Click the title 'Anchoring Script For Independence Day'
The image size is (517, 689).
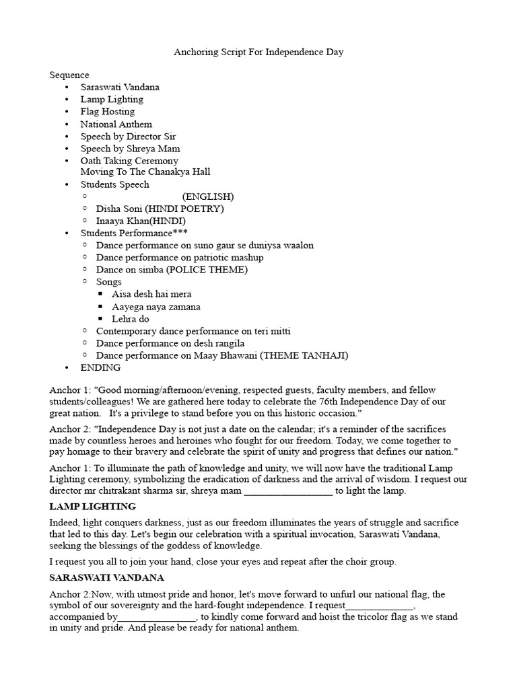tap(258, 52)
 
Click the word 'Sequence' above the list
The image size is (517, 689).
tap(69, 75)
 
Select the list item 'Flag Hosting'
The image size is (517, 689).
tap(107, 112)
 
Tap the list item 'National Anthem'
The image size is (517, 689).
tap(116, 124)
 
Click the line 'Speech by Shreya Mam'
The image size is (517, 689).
tap(130, 149)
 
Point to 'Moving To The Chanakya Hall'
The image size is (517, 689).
tap(145, 172)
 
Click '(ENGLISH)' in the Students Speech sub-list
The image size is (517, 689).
tap(207, 196)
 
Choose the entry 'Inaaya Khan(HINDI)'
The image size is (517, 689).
tap(141, 221)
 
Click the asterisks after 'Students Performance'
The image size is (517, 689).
tap(182, 233)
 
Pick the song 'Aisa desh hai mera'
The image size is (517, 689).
tap(151, 294)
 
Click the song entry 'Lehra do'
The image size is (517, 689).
tap(131, 319)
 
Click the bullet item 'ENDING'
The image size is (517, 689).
tap(100, 367)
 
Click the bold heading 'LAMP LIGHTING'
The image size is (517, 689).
tap(92, 506)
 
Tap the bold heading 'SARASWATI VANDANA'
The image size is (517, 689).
tap(106, 577)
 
